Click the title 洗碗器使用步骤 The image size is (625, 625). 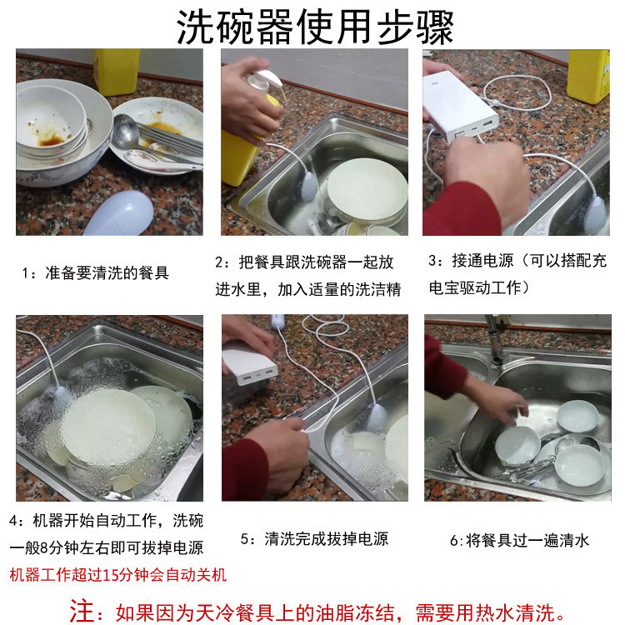(x=315, y=27)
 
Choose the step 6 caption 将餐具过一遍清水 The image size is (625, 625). (x=519, y=540)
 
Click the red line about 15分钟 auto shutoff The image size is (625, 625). (x=117, y=575)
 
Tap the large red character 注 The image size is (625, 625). (x=82, y=611)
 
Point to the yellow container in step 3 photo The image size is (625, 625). (x=588, y=75)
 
